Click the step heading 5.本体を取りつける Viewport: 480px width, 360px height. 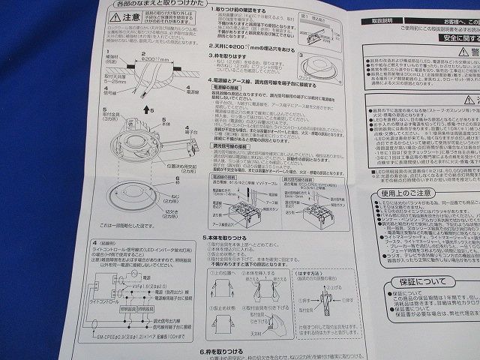[x=231, y=236]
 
